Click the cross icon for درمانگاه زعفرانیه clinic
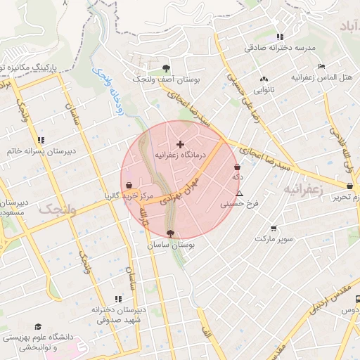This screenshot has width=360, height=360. [x=179, y=144]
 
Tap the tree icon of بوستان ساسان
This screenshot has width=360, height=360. [x=170, y=234]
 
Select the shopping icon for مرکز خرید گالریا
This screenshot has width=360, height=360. [x=129, y=186]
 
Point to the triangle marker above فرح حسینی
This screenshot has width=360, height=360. [x=240, y=193]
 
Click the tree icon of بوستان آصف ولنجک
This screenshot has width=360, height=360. [x=166, y=68]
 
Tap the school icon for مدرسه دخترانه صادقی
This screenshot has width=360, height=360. [x=280, y=37]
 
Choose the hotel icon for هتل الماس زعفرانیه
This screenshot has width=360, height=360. [x=321, y=65]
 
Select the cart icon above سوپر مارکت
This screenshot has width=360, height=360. [x=273, y=228]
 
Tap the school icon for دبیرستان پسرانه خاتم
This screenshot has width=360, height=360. [x=41, y=140]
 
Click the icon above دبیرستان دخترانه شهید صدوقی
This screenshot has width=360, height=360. [x=117, y=299]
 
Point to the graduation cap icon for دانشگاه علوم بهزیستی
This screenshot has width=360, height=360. [x=38, y=327]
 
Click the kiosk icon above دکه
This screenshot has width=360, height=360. [x=236, y=167]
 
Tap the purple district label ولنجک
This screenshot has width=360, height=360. [x=56, y=209]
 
